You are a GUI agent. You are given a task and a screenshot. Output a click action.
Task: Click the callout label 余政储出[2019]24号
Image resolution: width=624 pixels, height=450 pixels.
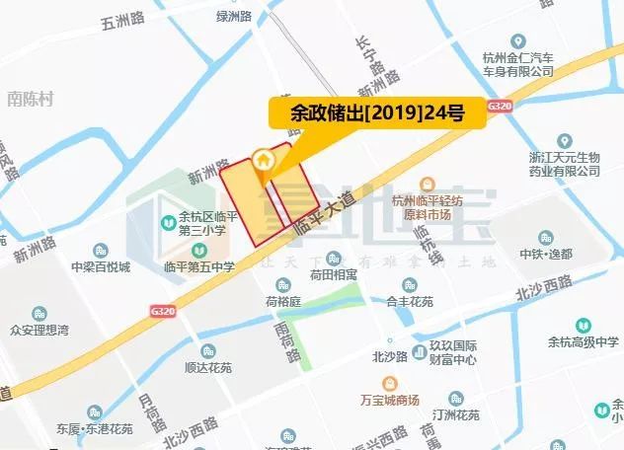pyautogui.click(x=377, y=112)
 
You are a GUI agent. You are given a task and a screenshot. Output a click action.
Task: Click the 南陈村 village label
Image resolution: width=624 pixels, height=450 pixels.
pyautogui.click(x=29, y=99)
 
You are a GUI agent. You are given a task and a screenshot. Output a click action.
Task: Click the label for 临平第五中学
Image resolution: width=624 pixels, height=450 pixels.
pyautogui.click(x=199, y=266)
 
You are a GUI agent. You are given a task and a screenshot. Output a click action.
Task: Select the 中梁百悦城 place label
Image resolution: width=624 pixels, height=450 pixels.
pyautogui.click(x=100, y=266)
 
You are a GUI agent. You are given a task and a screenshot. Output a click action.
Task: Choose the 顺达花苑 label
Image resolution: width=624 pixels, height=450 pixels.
pyautogui.click(x=207, y=367)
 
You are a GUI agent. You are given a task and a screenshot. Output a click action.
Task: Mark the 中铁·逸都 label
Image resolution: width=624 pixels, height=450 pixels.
pyautogui.click(x=546, y=254)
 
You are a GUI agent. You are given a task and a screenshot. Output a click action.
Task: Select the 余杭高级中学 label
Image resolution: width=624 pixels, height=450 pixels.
pyautogui.click(x=584, y=341)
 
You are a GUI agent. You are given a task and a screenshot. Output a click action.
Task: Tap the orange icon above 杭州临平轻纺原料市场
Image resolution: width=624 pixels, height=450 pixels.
pyautogui.click(x=428, y=184)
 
